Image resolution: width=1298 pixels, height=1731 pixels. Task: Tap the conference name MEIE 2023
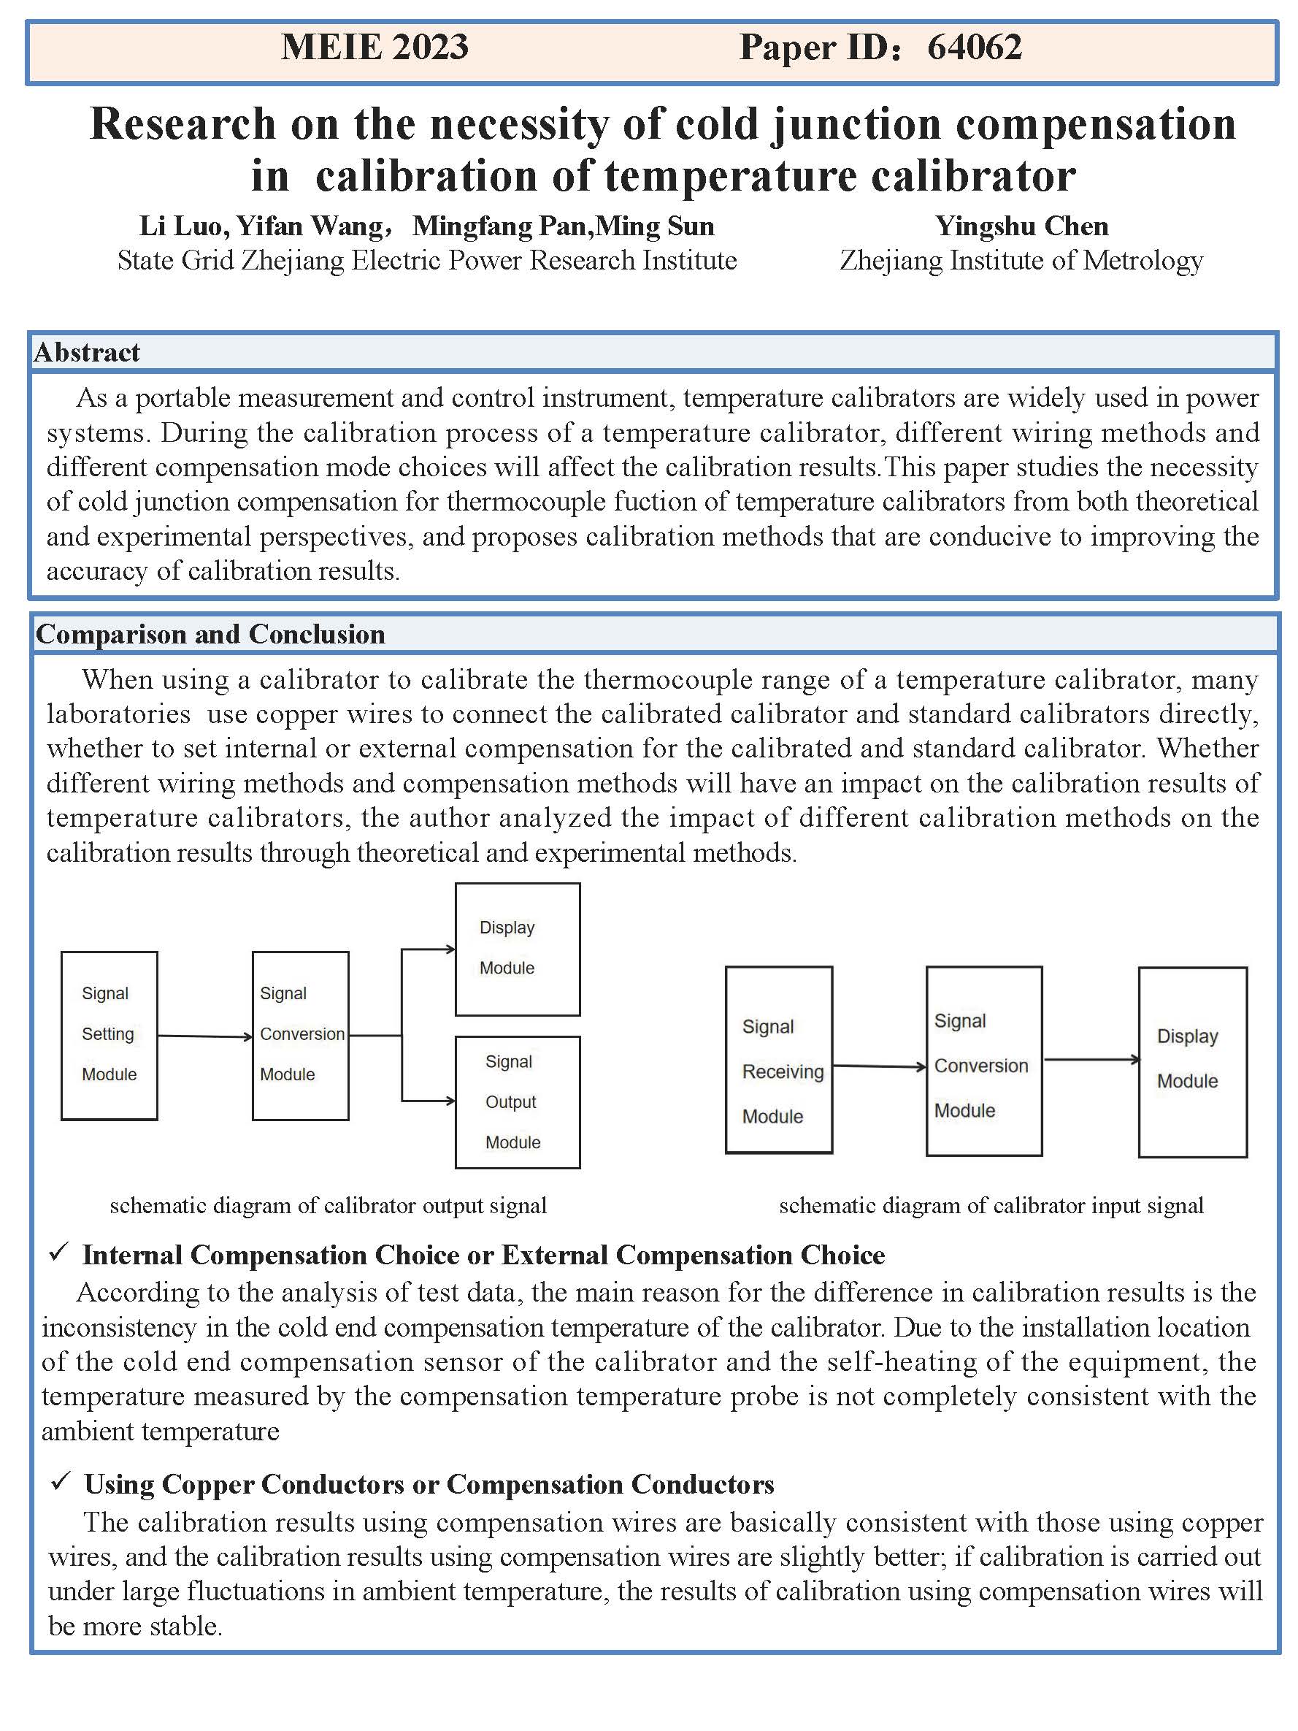tap(375, 47)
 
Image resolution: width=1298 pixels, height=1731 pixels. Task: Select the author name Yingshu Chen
tap(1021, 226)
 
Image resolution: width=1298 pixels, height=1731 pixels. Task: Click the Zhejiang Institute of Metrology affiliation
tap(1021, 261)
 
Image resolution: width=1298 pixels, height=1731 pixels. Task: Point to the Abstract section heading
tap(87, 353)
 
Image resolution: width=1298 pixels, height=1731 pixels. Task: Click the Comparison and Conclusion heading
tap(210, 634)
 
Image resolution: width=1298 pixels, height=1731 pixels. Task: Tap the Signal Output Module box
tap(517, 1102)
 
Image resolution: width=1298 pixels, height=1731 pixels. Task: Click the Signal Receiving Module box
tap(778, 1061)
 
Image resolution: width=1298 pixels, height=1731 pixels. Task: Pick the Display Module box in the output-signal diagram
tap(517, 949)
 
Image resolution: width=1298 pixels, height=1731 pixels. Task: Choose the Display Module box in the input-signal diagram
tap(1191, 1061)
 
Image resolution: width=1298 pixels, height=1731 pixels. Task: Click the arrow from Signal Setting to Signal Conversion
tap(205, 1036)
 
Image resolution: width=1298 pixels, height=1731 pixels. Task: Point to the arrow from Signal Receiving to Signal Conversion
tap(879, 1066)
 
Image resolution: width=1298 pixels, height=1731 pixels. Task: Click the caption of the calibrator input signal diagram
tap(991, 1206)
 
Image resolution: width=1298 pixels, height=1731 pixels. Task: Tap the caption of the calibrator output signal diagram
tap(328, 1206)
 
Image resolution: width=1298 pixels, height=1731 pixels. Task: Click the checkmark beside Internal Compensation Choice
tap(58, 1253)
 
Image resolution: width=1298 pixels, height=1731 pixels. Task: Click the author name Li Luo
tap(183, 226)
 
